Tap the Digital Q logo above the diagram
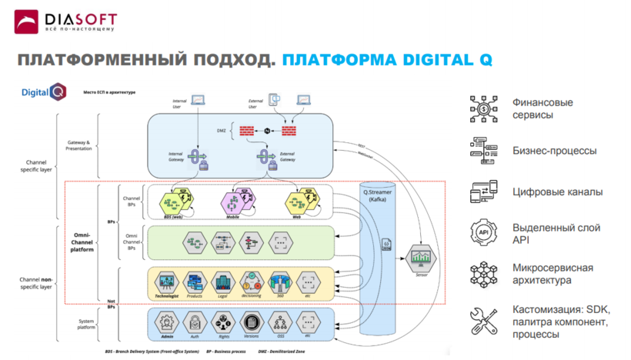(45, 93)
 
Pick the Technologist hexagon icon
(167, 282)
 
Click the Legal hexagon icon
(222, 282)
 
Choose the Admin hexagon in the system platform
(166, 322)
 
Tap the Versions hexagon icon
(251, 322)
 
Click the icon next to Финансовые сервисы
(483, 109)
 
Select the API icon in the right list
(483, 232)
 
